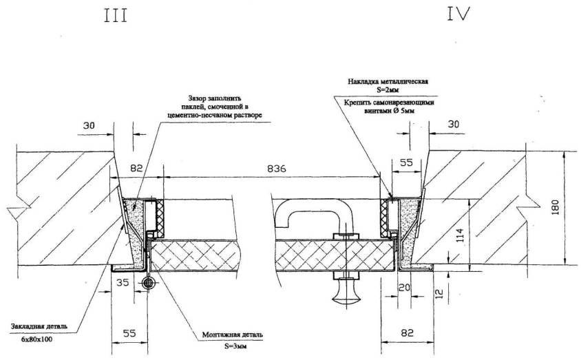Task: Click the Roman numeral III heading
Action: point(116,16)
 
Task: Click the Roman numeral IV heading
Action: point(457,14)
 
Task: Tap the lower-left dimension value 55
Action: point(129,333)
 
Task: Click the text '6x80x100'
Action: point(37,340)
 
